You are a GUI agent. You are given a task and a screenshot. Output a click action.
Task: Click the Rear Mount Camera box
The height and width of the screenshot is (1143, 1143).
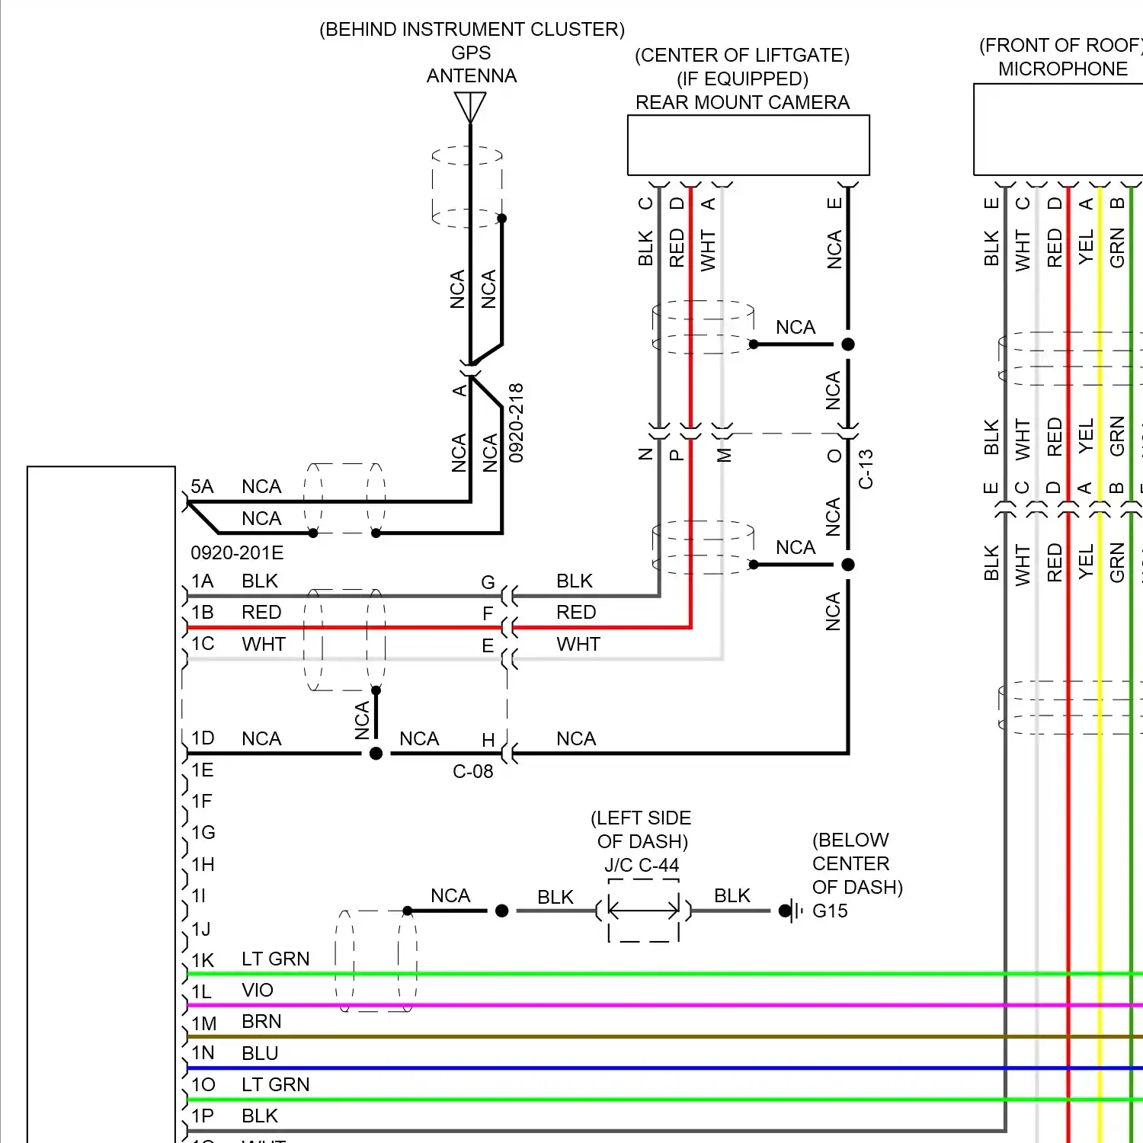coord(748,145)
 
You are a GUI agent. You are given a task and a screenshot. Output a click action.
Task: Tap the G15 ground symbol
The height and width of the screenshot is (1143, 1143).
coord(793,911)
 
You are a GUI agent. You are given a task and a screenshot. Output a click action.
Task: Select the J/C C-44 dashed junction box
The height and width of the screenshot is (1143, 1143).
coord(643,910)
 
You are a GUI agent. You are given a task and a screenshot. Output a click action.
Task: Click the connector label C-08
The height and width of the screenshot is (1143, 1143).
coord(472,772)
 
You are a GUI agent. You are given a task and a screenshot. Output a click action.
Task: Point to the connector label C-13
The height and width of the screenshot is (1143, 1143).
coord(866,469)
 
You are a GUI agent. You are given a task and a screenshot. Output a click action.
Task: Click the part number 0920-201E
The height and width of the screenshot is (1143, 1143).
coord(237,552)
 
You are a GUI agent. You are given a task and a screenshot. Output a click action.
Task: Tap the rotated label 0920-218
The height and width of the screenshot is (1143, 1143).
coord(516,423)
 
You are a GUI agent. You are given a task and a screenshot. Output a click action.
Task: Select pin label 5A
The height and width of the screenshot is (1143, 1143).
coord(202,487)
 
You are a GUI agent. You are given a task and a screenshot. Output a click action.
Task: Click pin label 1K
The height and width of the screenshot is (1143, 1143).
coord(203,960)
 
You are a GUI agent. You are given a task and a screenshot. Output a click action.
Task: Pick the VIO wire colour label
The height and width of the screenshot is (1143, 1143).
coord(257,990)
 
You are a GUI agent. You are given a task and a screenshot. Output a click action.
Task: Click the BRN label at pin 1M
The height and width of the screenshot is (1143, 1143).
coord(261,1021)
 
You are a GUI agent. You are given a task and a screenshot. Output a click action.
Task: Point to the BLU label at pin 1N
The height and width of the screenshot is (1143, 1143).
coord(260,1053)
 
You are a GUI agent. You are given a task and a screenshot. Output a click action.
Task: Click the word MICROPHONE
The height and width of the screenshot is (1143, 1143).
coord(1062,69)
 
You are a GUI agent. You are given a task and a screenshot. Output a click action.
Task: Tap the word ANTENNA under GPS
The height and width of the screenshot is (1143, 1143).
coord(471,76)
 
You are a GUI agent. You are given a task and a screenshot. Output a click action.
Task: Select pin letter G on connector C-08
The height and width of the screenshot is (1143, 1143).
coord(488,583)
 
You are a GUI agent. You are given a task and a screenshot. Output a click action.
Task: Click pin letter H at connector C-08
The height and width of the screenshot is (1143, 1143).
coord(488,740)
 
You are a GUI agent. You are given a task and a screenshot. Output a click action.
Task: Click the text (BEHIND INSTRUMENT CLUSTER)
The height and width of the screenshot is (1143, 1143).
coord(472,30)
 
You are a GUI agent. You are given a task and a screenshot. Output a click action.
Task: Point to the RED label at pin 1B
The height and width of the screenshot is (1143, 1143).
coord(261,613)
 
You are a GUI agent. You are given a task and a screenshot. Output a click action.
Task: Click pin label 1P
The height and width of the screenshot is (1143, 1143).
coord(203,1116)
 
